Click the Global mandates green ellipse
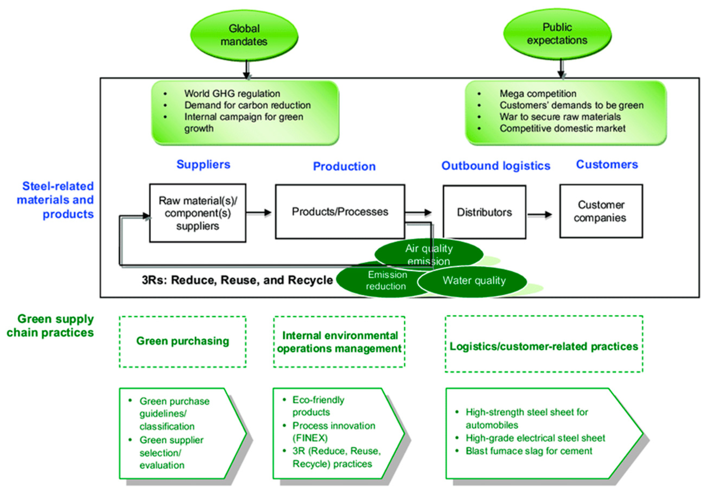(x=244, y=35)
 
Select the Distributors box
(x=484, y=212)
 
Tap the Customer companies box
(x=601, y=211)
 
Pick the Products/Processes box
(x=340, y=211)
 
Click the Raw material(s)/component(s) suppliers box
(x=198, y=213)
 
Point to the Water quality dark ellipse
(x=474, y=281)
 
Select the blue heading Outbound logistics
(x=495, y=166)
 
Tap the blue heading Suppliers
(x=203, y=164)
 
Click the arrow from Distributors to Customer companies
(x=540, y=215)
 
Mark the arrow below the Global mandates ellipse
(x=246, y=69)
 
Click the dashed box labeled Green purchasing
(x=183, y=341)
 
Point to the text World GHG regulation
(x=232, y=93)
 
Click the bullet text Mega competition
(x=538, y=93)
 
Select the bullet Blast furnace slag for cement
(x=528, y=451)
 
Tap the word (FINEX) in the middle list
(x=310, y=438)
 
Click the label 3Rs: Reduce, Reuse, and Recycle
(x=237, y=280)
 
